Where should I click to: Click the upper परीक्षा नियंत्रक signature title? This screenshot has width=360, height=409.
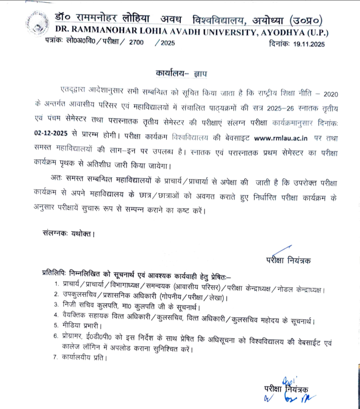click(288, 260)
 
